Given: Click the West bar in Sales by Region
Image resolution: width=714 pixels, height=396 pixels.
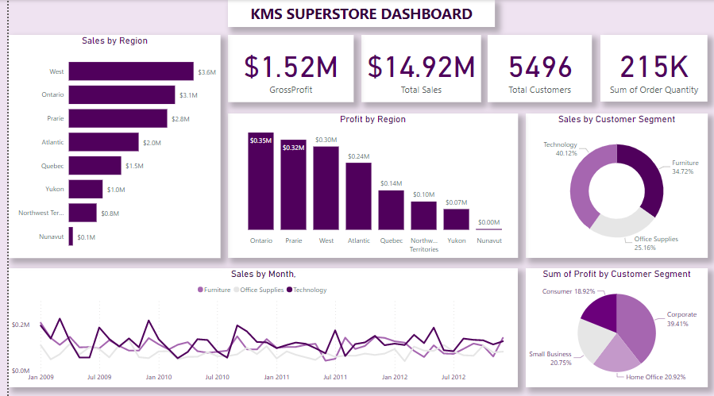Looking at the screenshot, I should click(x=131, y=71).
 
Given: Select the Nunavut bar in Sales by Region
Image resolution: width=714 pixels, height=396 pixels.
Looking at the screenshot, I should click(x=71, y=236).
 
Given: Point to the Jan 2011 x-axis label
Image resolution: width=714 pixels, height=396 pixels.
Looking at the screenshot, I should click(x=276, y=377).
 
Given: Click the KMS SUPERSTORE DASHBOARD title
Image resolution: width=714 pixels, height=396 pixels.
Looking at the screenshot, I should click(x=361, y=14).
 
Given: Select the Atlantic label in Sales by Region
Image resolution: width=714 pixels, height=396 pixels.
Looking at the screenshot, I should click(x=52, y=143).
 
